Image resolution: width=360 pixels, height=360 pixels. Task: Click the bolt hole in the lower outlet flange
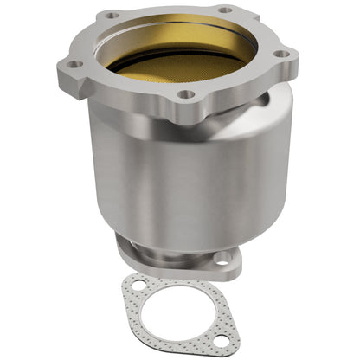click(x=222, y=257)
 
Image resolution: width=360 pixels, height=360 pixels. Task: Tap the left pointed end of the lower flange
click(x=121, y=251)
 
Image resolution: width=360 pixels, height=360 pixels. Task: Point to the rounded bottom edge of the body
click(x=173, y=227)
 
